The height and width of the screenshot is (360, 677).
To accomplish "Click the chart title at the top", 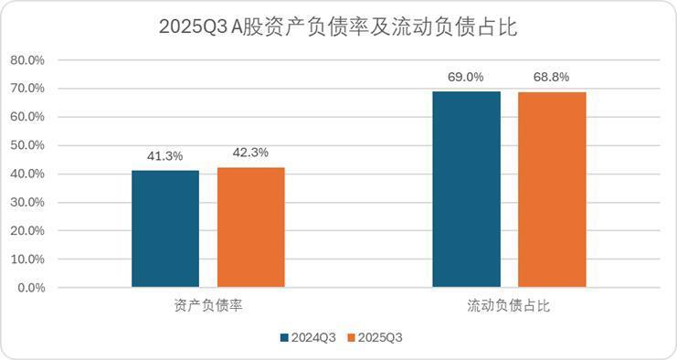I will (x=338, y=27).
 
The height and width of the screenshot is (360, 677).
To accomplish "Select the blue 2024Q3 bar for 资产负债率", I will (x=165, y=228).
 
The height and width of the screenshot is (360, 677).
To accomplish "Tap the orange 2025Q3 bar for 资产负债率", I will (x=251, y=228).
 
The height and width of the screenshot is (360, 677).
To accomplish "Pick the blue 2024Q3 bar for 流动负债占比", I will (x=467, y=189).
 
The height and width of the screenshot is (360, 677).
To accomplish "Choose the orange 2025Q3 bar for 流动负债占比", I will (x=552, y=189).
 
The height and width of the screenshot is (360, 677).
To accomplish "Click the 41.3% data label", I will (x=165, y=156).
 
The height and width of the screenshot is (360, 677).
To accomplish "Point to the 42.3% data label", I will (x=251, y=153).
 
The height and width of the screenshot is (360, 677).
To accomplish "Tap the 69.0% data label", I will (x=467, y=78).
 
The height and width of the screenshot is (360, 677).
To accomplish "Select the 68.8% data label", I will (x=552, y=78).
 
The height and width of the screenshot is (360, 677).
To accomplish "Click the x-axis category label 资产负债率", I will (x=207, y=304).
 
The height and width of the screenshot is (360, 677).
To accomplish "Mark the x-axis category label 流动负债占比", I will (x=509, y=304).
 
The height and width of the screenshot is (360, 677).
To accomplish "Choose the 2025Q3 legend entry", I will (x=380, y=337).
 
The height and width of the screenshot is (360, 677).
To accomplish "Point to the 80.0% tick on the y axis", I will (x=27, y=60).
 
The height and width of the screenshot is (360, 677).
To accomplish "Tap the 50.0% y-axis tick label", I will (x=27, y=145).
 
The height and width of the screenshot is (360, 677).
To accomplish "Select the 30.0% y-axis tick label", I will (x=27, y=202).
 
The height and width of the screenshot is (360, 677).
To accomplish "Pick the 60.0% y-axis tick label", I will (x=27, y=117).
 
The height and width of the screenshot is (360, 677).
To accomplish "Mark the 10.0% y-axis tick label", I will (x=27, y=259).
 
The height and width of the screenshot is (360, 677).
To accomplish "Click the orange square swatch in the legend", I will (x=352, y=337).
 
